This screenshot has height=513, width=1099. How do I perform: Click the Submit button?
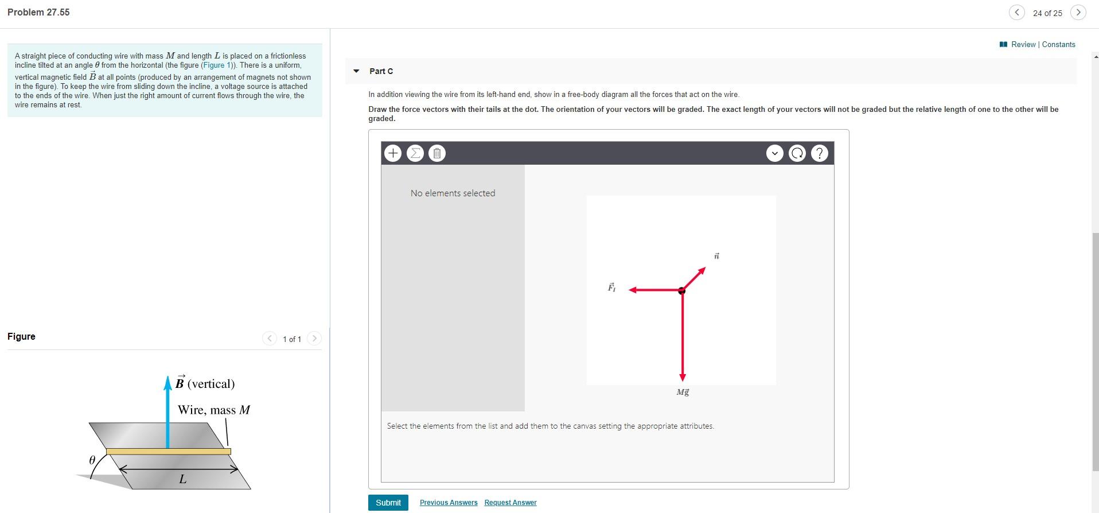tap(388, 503)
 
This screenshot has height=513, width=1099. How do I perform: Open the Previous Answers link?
tap(448, 503)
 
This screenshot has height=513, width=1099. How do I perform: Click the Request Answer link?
tap(510, 503)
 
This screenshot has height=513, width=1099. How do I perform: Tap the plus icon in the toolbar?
tap(392, 153)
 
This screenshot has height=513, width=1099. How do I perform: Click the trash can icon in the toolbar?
tap(437, 153)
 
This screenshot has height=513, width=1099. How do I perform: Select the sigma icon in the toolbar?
tap(415, 153)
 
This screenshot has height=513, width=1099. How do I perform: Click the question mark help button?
tap(820, 153)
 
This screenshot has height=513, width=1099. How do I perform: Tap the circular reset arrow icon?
tap(797, 153)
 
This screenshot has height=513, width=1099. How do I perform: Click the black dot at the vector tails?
tap(681, 291)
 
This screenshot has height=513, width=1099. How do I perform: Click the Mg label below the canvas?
tap(683, 392)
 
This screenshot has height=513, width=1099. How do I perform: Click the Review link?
tap(1023, 45)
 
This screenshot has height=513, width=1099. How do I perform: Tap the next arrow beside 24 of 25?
tap(1078, 13)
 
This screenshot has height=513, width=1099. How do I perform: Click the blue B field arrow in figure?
tap(167, 413)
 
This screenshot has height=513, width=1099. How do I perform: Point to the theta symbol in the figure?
tap(92, 460)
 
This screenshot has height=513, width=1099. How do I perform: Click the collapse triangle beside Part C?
tap(356, 71)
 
